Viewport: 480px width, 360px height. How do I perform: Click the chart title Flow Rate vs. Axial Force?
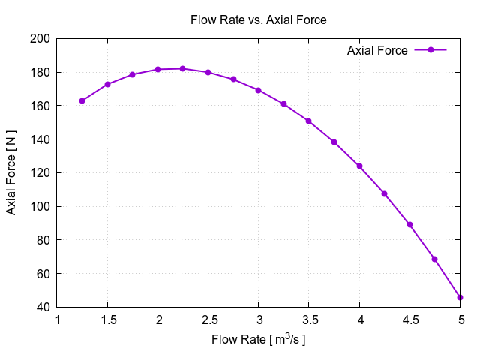point(259,20)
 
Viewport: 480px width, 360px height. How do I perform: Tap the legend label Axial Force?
point(377,50)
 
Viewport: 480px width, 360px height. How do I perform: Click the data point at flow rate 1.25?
point(82,100)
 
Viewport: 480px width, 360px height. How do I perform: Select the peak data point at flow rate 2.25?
point(183,68)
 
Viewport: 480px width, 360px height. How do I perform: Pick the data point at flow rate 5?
point(460,297)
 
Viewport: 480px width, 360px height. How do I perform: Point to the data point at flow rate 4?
point(359,166)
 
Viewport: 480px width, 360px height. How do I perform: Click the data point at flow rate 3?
point(258,90)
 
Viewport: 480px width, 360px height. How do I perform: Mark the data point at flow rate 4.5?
point(409,224)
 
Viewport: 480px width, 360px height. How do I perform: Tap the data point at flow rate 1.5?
point(107,84)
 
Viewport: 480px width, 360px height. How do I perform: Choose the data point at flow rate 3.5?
point(308,121)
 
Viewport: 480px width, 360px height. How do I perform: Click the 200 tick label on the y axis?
point(40,39)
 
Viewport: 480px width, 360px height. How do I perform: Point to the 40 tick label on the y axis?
point(43,307)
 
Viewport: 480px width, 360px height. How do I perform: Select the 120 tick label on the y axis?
point(40,172)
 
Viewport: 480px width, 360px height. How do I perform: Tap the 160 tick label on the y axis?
point(40,106)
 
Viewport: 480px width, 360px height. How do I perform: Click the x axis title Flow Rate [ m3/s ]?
point(259,340)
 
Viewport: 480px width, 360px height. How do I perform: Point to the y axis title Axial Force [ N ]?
point(11,172)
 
